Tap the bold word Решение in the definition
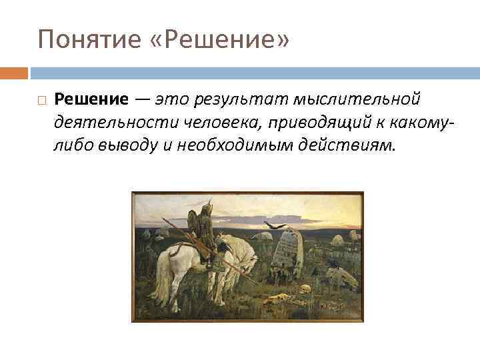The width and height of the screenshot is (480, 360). (91, 100)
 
